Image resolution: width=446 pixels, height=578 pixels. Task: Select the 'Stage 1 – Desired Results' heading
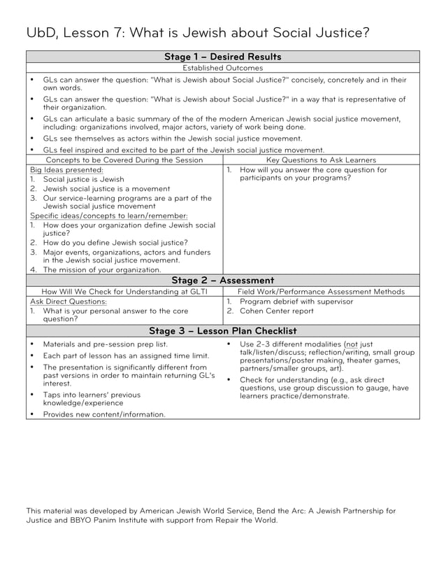coord(223,57)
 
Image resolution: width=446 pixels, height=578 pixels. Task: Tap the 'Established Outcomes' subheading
coord(223,68)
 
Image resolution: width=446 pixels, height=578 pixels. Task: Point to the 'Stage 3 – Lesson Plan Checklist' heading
coord(223,331)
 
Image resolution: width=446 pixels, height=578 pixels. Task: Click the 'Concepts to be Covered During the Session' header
coord(124,160)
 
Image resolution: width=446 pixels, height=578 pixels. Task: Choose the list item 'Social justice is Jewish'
coord(84,179)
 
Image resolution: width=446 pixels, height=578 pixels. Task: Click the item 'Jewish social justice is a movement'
coord(106,189)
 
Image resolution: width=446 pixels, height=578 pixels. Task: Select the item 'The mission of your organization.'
coord(102,269)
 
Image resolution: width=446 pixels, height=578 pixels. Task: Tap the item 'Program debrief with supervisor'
coord(296,302)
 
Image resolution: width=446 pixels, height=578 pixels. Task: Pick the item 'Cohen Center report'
coord(277,311)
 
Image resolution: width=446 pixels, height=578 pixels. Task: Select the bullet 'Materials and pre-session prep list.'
coord(106,344)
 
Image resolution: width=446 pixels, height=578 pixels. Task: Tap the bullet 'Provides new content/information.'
coord(104,414)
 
